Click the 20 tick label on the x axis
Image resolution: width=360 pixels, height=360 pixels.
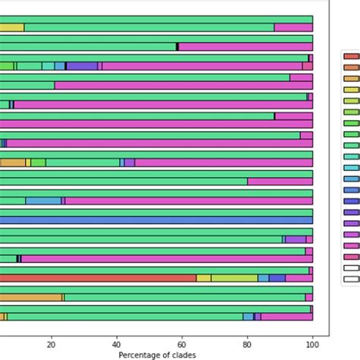(52, 343)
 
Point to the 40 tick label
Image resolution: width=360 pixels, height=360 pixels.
(117, 343)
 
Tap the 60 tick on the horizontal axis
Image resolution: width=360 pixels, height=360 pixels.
(182, 343)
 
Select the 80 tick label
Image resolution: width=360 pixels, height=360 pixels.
(248, 343)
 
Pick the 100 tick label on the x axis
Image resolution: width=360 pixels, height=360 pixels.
(312, 343)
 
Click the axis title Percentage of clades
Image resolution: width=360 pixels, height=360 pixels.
(157, 355)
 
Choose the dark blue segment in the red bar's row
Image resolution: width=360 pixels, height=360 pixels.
(277, 278)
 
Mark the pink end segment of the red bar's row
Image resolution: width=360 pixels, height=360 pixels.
(299, 278)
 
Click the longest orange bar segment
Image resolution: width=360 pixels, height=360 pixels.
(30, 297)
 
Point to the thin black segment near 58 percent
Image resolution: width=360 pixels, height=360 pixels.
(177, 46)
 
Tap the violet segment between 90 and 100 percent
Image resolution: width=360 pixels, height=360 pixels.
(295, 239)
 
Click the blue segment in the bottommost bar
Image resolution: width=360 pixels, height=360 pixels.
(248, 317)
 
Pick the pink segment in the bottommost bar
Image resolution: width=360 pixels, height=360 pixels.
(286, 317)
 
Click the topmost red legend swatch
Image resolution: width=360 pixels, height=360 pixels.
(351, 55)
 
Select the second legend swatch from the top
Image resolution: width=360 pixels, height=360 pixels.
(351, 67)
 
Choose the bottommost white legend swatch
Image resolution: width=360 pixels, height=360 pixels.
(351, 279)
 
